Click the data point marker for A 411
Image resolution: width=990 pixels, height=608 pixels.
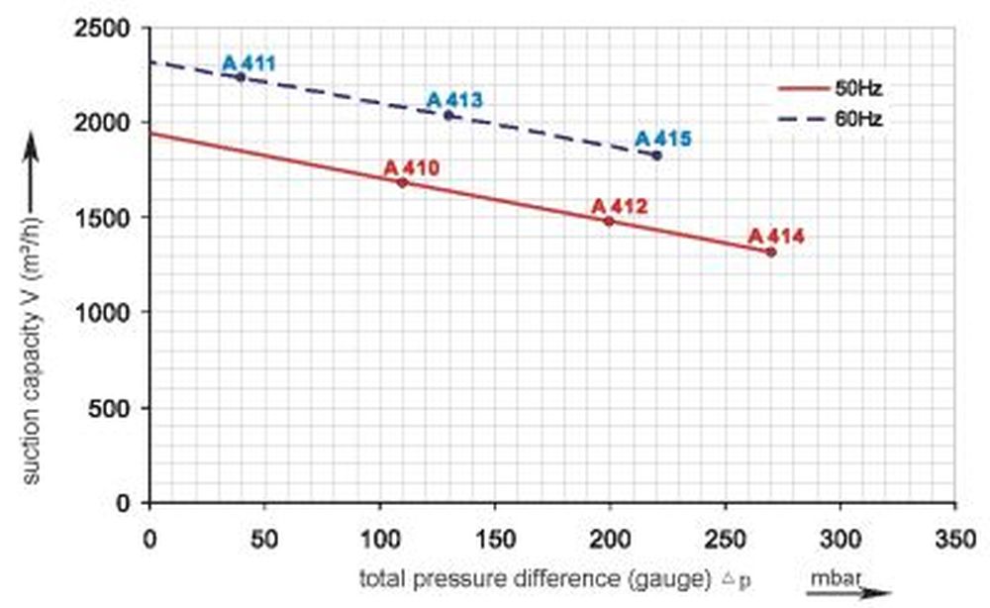pos(241,76)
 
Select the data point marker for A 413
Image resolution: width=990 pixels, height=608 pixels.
pos(448,115)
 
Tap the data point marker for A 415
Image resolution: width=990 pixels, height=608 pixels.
pos(656,154)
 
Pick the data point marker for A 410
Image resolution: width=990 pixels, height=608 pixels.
pos(402,182)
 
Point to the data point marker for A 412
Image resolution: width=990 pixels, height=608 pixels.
pos(609,221)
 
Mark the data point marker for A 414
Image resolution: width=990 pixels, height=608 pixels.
pos(771,252)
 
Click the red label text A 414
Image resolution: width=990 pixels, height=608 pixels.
pos(776,237)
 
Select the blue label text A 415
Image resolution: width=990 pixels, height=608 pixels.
pos(662,139)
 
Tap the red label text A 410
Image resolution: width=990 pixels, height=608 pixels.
pos(411,167)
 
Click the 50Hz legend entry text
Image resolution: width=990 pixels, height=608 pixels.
pos(858,88)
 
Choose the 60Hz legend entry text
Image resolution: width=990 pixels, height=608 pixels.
pos(858,118)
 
